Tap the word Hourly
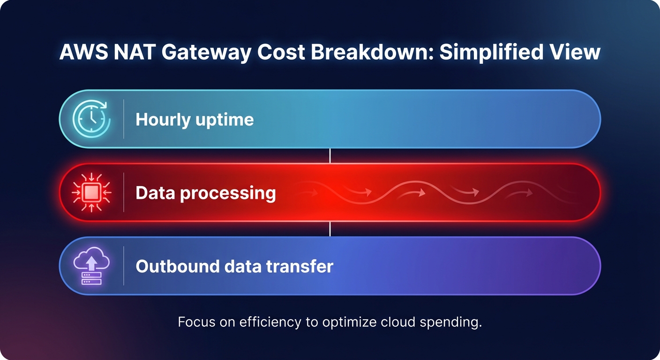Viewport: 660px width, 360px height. [163, 120]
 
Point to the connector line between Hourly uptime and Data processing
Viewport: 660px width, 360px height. [330, 156]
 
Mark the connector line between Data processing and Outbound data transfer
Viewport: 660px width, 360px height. [330, 229]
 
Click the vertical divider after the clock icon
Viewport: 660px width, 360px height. [124, 119]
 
